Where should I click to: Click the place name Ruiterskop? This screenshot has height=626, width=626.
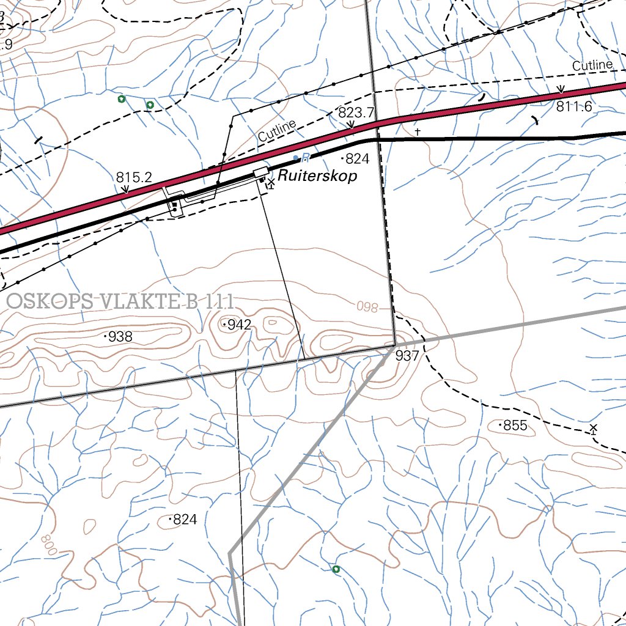317,175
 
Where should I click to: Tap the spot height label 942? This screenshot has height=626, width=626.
239,325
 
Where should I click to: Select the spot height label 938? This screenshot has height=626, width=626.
120,336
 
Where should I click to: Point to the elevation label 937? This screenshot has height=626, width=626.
407,356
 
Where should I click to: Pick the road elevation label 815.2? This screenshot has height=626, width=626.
134,177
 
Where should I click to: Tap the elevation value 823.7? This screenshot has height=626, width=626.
356,112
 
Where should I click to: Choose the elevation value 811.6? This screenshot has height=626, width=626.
574,106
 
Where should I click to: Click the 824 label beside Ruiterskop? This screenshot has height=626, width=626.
357,160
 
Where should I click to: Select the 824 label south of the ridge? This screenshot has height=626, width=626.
185,520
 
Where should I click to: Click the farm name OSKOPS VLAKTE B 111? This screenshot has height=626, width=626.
121,301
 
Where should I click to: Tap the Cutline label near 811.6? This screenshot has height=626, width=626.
592,65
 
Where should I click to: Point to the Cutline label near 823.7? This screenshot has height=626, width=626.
277,131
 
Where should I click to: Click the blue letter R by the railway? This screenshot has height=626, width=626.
306,158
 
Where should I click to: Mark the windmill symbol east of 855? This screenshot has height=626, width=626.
593,429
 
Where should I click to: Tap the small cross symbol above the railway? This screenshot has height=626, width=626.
418,131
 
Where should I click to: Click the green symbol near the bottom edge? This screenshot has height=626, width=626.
335,569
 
